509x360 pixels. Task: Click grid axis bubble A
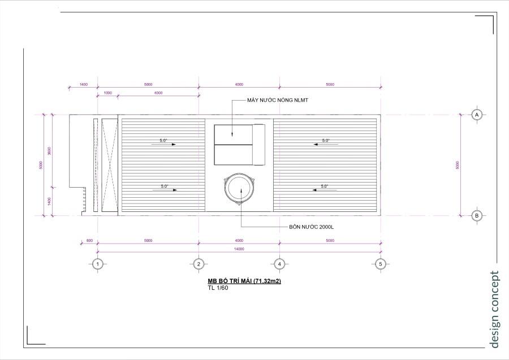(x=477, y=114)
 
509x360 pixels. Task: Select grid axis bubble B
(x=477, y=215)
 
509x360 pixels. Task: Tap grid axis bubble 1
(x=98, y=264)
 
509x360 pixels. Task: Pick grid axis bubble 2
(x=198, y=264)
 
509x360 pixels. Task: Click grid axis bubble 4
(x=279, y=264)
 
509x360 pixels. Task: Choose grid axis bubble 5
(x=380, y=264)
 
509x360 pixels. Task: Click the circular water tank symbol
(x=239, y=188)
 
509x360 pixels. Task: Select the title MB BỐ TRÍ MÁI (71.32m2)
(x=244, y=281)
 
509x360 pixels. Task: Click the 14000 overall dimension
(x=239, y=249)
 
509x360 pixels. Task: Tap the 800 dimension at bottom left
(x=89, y=241)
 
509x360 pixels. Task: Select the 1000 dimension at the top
(x=107, y=93)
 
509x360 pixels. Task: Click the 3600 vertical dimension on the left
(x=49, y=151)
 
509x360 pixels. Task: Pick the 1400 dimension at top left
(x=83, y=85)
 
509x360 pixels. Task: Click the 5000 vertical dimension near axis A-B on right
(x=457, y=165)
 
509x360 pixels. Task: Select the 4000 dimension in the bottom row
(x=239, y=241)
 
